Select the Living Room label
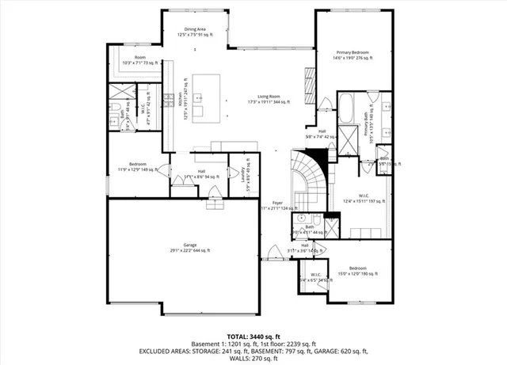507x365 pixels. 269,98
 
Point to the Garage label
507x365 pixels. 190,248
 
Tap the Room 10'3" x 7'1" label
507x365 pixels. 140,60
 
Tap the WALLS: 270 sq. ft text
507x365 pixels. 253,359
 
